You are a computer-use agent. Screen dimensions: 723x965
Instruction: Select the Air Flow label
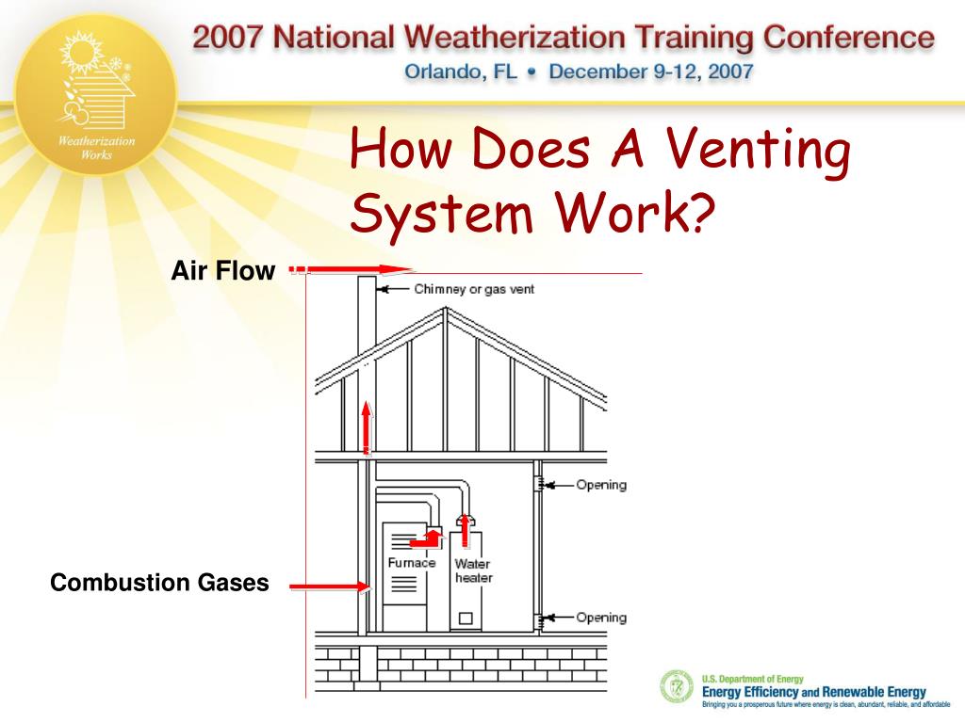pyautogui.click(x=223, y=272)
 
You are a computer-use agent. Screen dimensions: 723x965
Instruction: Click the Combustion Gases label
pyautogui.click(x=159, y=584)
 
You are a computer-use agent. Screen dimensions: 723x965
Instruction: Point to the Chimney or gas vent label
pyautogui.click(x=474, y=289)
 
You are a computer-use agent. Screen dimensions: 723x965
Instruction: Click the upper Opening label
pyautogui.click(x=600, y=486)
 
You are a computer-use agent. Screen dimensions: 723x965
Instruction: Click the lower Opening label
pyautogui.click(x=600, y=618)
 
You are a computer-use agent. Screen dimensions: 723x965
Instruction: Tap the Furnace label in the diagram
pyautogui.click(x=412, y=563)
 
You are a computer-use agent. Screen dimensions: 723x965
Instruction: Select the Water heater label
pyautogui.click(x=473, y=570)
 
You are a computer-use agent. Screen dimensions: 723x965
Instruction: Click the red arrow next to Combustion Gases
pyautogui.click(x=329, y=586)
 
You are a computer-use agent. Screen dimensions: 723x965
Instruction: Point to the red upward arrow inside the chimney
pyautogui.click(x=368, y=426)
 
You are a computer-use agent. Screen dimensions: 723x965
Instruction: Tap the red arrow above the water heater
pyautogui.click(x=463, y=525)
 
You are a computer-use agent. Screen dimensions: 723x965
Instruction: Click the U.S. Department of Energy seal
pyautogui.click(x=676, y=686)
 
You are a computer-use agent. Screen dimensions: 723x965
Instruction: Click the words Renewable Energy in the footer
pyautogui.click(x=874, y=692)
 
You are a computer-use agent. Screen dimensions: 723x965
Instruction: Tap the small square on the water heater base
pyautogui.click(x=465, y=619)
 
